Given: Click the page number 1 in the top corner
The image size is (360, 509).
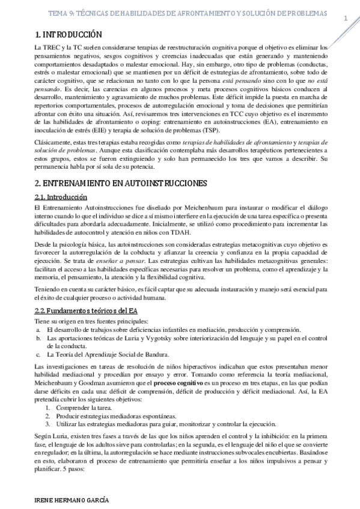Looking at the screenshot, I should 346,19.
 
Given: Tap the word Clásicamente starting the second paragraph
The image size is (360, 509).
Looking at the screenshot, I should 53,141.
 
